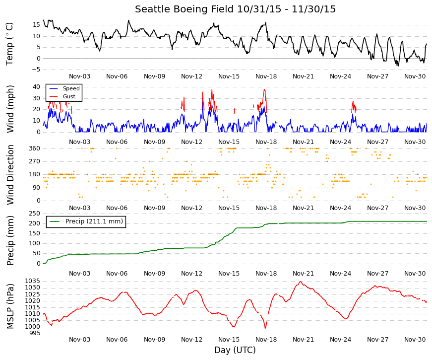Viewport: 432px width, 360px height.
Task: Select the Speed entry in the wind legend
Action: tap(71, 88)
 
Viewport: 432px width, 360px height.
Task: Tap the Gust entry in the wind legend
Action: tap(69, 96)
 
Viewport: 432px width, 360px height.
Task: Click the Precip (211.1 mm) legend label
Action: tap(94, 221)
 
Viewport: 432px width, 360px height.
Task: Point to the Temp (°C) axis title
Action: tap(9, 44)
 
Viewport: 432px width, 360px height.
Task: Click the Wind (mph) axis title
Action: tap(10, 109)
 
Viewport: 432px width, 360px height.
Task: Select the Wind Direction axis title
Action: tap(10, 175)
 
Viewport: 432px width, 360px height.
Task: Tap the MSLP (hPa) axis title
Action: tap(10, 306)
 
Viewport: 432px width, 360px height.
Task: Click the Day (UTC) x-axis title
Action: tap(235, 350)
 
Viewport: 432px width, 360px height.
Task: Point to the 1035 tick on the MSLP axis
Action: tap(33, 281)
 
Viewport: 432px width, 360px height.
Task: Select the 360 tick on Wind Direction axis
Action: tap(34, 148)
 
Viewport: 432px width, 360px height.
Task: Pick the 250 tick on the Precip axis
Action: tap(34, 214)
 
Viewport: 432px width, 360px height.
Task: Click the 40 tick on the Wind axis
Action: tap(36, 87)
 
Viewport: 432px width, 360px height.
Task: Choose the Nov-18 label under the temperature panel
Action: tap(266, 76)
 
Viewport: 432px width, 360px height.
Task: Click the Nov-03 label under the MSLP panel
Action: tap(80, 340)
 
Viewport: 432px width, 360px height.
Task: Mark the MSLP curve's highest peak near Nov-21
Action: tap(300, 282)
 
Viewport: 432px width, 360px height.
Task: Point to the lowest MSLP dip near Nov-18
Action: tap(265, 328)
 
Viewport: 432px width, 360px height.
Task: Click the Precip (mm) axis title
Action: tap(10, 240)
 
